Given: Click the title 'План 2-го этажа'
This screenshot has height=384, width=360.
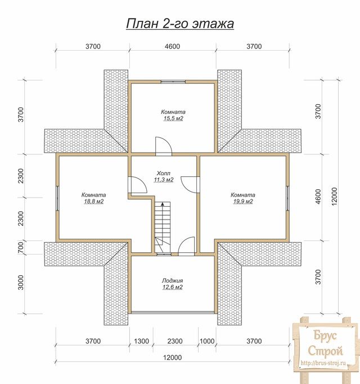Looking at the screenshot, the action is [x=180, y=24].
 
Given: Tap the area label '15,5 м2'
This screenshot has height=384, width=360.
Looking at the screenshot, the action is [x=173, y=119].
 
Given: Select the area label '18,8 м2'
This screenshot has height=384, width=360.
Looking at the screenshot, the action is [x=93, y=202].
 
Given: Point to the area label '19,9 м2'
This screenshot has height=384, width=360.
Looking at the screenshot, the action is [x=243, y=202].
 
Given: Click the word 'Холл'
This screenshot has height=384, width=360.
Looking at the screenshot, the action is [x=164, y=173].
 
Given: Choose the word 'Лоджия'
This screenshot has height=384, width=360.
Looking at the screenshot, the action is [x=172, y=280].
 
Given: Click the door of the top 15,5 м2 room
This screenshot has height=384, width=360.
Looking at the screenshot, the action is [x=164, y=146].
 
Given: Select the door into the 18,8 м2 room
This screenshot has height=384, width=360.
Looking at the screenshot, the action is [x=138, y=185].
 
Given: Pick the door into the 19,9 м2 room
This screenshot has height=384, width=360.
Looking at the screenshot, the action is [x=190, y=184].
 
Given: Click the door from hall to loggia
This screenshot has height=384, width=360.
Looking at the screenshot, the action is [x=187, y=247].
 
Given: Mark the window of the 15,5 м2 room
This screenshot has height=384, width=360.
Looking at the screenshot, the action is [x=173, y=82].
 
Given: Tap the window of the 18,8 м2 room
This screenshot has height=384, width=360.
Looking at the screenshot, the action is [x=57, y=198].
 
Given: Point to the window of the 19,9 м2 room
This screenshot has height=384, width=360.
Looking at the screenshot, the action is [x=288, y=198].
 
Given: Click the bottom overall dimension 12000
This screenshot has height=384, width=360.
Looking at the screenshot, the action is [x=173, y=358].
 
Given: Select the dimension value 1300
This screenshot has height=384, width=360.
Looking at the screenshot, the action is [x=141, y=341].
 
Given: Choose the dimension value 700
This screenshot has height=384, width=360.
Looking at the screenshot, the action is [x=21, y=248].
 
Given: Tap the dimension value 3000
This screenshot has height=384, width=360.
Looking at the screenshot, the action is [x=21, y=283].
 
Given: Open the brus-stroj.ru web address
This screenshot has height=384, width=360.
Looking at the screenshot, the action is [x=323, y=363].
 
